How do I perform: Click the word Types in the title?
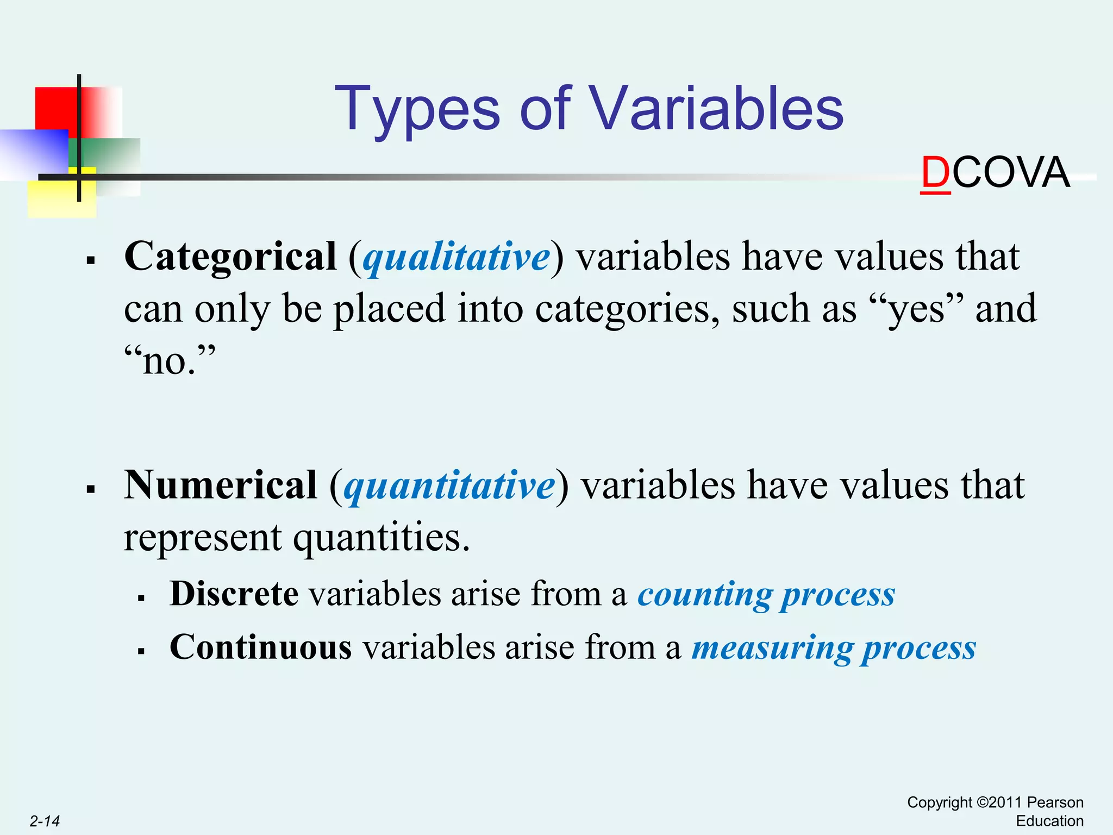416,110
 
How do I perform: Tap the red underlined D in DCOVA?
935,173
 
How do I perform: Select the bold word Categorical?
230,257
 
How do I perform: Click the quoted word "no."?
170,361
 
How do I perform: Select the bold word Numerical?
221,485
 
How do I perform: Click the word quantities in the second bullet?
381,538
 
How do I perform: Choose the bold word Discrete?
234,594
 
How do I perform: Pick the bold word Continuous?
260,647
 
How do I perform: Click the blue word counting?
704,595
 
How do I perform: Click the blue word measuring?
772,649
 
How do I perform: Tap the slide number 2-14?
45,821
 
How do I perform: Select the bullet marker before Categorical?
91,260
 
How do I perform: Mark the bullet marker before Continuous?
141,651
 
